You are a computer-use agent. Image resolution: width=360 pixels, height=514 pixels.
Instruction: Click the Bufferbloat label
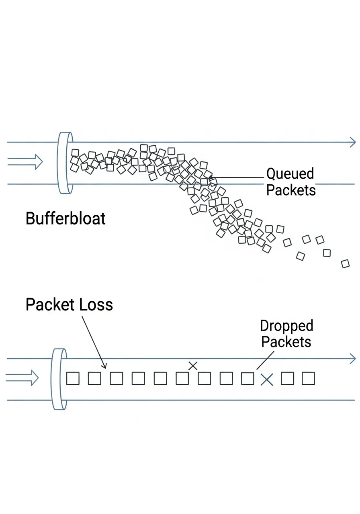coord(65,219)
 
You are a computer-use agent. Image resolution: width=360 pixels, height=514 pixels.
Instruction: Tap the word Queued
coord(290,174)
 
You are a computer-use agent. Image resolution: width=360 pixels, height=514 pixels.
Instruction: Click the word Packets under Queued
coord(291,190)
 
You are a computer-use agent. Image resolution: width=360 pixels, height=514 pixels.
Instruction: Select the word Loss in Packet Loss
coord(96,305)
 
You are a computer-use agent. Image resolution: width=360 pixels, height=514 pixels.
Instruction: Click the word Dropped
coord(286,326)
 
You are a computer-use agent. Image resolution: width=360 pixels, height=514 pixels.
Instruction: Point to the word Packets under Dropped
coord(286,342)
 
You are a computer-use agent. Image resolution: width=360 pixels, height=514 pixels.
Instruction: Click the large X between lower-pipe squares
coord(267,379)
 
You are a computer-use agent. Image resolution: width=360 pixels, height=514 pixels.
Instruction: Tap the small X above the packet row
coord(193,365)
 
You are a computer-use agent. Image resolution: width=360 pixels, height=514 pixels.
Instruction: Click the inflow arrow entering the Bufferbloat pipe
coord(25,162)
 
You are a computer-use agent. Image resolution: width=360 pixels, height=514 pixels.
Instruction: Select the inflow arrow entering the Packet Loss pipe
coord(22,377)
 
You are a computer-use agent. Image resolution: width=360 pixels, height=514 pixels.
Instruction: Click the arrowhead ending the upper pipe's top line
coord(352,142)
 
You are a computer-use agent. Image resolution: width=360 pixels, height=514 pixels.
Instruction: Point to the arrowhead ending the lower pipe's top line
coord(352,358)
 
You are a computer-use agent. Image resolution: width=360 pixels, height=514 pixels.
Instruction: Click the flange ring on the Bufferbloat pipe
coord(65,163)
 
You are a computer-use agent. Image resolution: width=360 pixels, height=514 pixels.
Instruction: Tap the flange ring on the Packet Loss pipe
coord(59,379)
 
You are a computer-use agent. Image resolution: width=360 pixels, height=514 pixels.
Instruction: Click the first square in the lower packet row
coord(73,378)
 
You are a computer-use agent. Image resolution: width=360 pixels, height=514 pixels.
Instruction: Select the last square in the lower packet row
coord(308,378)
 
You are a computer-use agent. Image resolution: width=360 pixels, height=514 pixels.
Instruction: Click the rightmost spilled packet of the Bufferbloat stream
coord(345,264)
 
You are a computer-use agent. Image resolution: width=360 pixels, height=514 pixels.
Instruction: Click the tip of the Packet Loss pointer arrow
coord(106,367)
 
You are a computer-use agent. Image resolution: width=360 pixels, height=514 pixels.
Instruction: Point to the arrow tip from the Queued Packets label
coord(209,177)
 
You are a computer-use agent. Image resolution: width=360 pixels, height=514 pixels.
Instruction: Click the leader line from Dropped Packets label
coord(265,360)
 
